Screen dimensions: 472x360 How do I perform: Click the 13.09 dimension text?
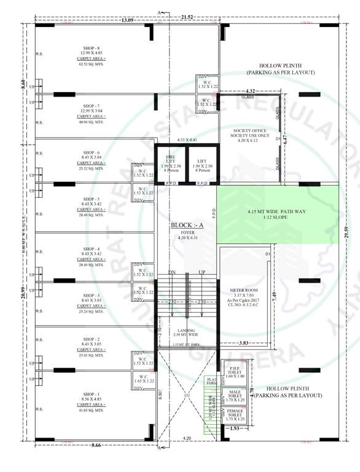[x=128, y=20]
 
